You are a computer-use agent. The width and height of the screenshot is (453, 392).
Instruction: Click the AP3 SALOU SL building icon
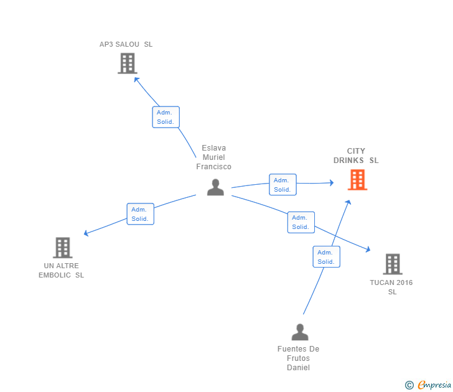click(127, 63)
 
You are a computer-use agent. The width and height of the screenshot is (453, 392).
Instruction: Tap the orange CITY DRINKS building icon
click(357, 180)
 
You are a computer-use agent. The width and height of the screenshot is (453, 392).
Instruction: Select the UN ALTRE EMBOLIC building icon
click(62, 248)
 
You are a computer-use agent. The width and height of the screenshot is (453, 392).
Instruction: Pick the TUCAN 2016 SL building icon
click(392, 264)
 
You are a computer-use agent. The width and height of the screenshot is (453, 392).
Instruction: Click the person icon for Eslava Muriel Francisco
click(215, 187)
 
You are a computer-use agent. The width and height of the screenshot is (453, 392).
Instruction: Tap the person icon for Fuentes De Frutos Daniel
click(299, 332)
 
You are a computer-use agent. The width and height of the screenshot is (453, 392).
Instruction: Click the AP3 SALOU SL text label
click(126, 44)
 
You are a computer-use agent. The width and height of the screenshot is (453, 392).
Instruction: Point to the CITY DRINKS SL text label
click(356, 156)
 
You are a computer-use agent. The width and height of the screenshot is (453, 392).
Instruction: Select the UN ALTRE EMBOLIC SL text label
click(61, 271)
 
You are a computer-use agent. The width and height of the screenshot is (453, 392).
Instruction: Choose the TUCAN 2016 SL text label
click(391, 287)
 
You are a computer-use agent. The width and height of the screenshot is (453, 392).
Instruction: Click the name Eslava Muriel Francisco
click(213, 157)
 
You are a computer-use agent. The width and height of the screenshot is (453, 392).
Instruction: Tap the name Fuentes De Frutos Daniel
click(298, 358)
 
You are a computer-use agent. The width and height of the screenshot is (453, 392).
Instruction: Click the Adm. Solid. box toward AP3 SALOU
click(166, 117)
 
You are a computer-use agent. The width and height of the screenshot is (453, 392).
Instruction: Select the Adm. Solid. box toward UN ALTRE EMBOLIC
click(140, 214)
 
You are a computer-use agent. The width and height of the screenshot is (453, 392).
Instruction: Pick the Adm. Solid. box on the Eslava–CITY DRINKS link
click(283, 185)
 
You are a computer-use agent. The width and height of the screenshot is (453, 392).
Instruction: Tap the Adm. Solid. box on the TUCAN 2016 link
click(301, 222)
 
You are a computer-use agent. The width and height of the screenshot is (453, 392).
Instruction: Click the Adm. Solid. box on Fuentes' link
click(326, 257)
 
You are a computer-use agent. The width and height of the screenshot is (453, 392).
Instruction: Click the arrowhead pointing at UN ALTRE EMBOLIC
click(86, 234)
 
